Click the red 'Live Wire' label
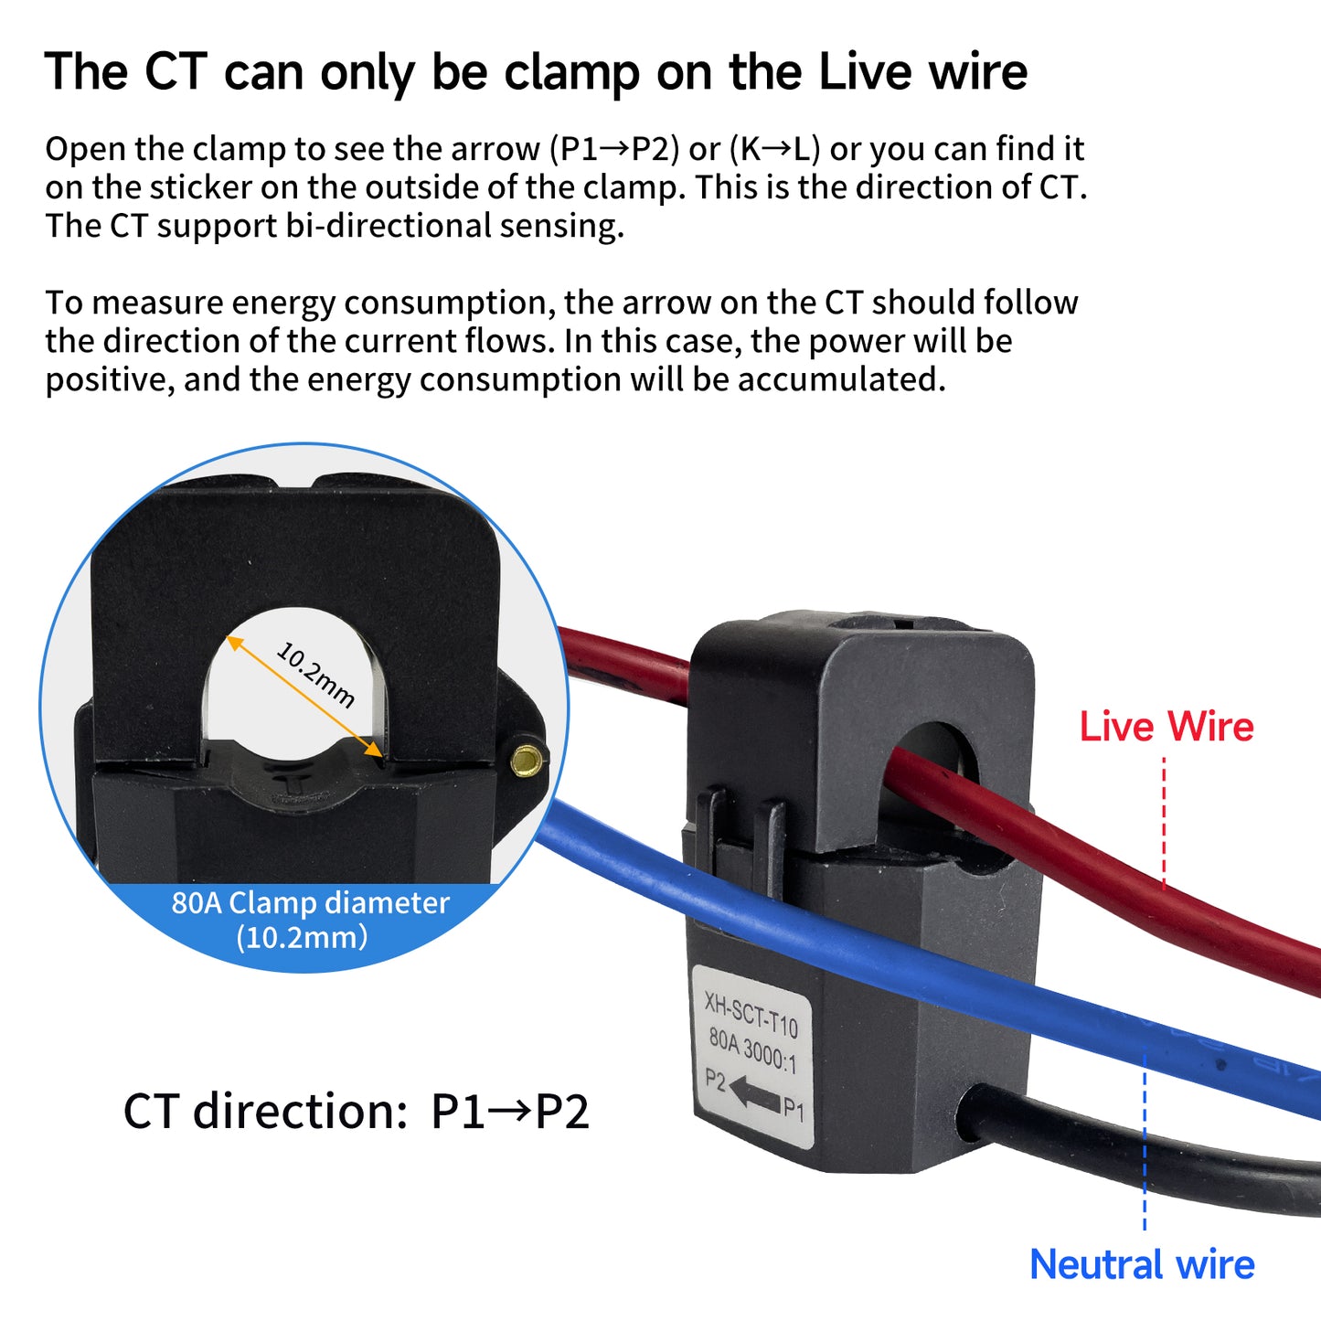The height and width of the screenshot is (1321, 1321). coord(1167,727)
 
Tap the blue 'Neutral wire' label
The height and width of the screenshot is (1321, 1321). coord(1142,1265)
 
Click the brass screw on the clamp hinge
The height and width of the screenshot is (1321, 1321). coord(527,757)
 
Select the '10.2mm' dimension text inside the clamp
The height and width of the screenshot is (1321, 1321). coord(315,676)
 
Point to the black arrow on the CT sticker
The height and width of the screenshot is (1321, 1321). coord(754,1092)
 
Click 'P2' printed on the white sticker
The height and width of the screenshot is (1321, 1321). coord(715,1081)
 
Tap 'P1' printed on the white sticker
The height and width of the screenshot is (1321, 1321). coord(794,1110)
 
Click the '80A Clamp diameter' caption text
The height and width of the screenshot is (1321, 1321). coord(311,903)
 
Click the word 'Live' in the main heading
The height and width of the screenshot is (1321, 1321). coord(866,71)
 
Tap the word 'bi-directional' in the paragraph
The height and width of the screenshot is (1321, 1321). coord(389,226)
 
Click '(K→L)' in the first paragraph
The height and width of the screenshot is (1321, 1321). coord(774,149)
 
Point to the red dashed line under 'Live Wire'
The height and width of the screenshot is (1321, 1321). coord(1164,823)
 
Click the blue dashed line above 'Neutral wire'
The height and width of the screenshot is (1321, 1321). coord(1145,1143)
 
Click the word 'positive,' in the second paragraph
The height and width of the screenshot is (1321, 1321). coord(110,379)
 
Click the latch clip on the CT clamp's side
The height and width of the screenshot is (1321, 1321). coord(740,827)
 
